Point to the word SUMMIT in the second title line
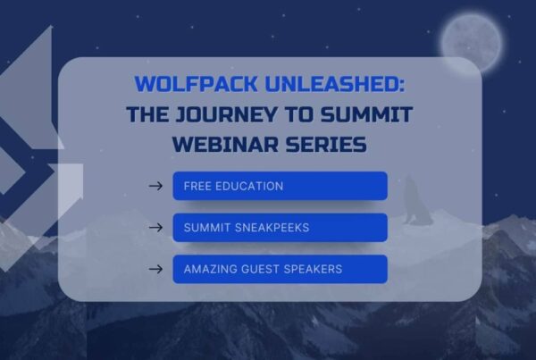(362, 114)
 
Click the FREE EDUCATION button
(280, 186)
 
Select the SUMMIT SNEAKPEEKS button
(280, 228)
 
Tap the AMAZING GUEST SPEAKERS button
(280, 269)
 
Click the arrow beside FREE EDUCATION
(155, 186)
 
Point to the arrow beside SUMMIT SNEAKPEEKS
(155, 228)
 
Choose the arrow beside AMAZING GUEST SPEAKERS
(155, 269)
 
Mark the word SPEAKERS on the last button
(311, 269)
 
